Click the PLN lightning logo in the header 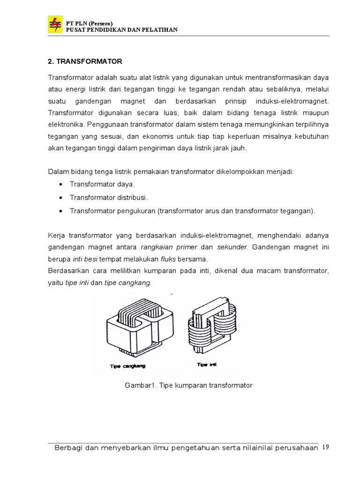tap(55, 24)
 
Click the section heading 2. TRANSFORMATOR tap(85, 61)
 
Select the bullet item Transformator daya tap(102, 185)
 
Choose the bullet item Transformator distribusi tap(109, 198)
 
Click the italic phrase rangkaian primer tap(169, 247)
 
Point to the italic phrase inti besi tap(85, 259)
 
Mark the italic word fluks tap(169, 259)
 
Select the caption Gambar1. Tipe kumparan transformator tap(188, 385)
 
